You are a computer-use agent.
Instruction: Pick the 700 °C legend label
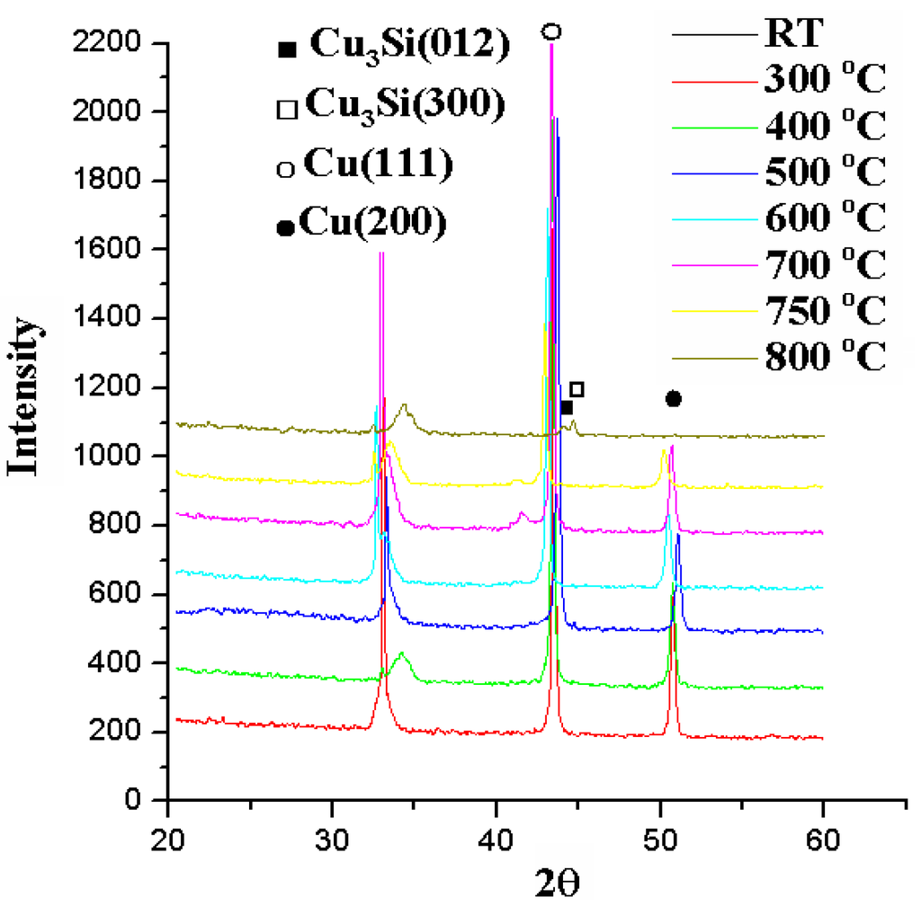(825, 264)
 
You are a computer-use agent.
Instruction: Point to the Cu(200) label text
(374, 223)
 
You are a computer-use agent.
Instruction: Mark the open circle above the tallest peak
(551, 31)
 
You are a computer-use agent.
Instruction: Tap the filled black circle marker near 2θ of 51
(673, 398)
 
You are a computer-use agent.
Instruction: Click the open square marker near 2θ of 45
(577, 389)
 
